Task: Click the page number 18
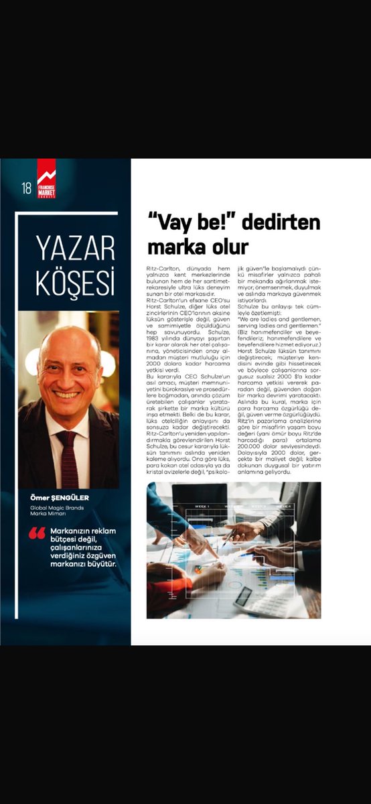click(27, 188)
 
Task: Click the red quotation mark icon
click(37, 534)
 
